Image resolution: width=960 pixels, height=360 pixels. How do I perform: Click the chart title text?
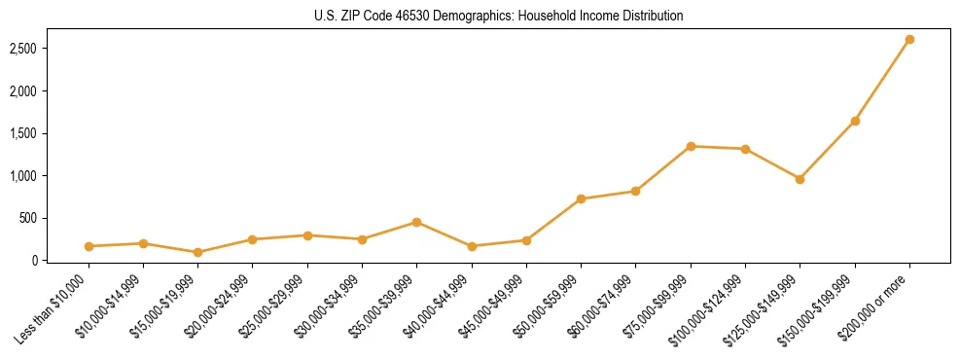(x=498, y=17)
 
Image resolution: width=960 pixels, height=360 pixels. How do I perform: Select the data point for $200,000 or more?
(x=909, y=39)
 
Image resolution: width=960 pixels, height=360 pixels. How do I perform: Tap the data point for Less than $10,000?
(x=89, y=246)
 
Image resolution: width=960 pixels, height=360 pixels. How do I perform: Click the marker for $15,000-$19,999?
(x=198, y=252)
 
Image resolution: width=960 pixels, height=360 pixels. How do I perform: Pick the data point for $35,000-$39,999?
(x=416, y=222)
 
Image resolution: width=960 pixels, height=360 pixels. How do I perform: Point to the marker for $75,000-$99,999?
(x=691, y=146)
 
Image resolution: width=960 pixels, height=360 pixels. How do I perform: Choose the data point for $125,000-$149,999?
(x=800, y=179)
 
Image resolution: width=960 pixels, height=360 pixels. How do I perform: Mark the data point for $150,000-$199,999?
(x=855, y=121)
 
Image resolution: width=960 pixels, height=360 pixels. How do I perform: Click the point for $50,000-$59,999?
(x=581, y=198)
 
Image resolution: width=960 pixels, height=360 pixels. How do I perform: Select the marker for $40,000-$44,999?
(x=472, y=246)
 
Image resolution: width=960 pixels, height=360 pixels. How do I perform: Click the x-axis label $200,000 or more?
(x=878, y=306)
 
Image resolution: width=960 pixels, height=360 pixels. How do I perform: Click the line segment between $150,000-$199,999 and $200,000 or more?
(x=882, y=80)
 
